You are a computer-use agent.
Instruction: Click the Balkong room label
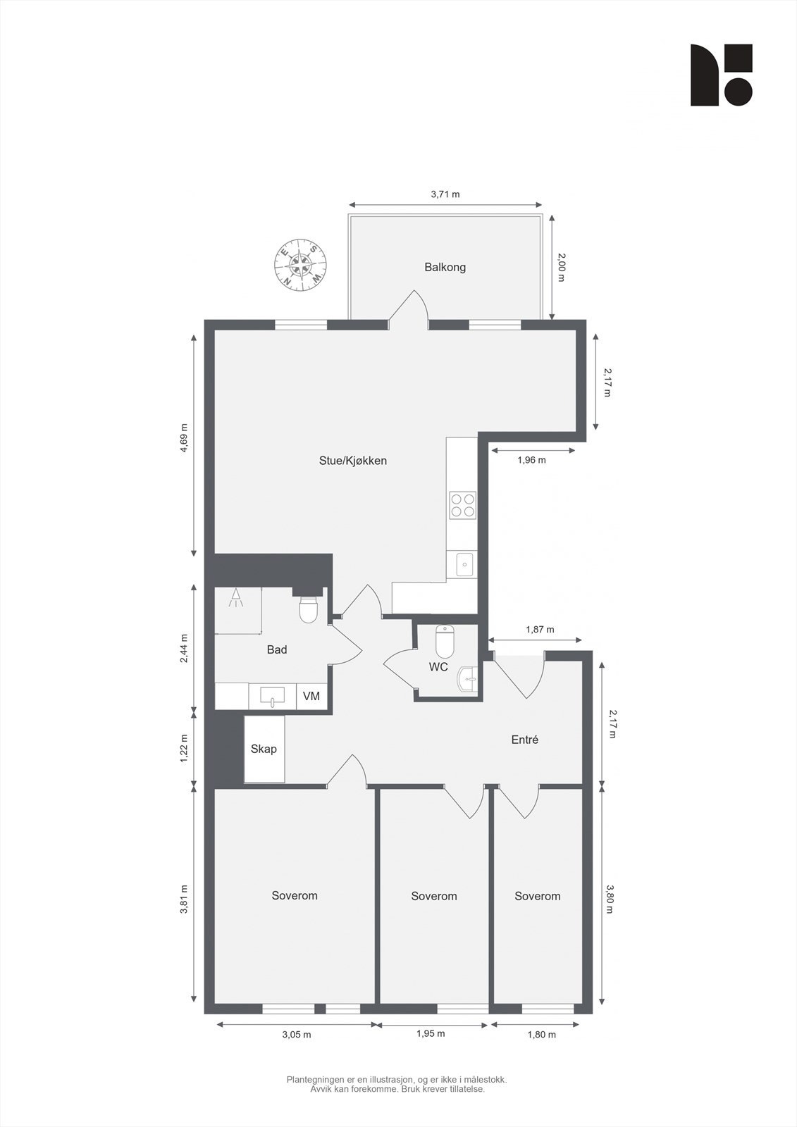pyautogui.click(x=445, y=268)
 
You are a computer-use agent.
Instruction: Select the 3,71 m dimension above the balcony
pyautogui.click(x=445, y=194)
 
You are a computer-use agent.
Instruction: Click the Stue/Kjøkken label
pyautogui.click(x=353, y=461)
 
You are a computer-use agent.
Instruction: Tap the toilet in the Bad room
pyautogui.click(x=309, y=610)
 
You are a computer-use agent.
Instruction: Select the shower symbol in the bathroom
pyautogui.click(x=236, y=599)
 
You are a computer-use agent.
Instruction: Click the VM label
pyautogui.click(x=311, y=697)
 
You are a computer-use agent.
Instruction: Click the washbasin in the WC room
pyautogui.click(x=468, y=679)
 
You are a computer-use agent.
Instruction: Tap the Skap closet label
pyautogui.click(x=264, y=749)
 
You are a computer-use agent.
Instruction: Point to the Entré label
pyautogui.click(x=525, y=740)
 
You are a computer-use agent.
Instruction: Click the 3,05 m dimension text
pyautogui.click(x=297, y=1035)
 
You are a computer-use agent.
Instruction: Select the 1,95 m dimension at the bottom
pyautogui.click(x=431, y=1034)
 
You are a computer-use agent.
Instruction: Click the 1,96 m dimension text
pyautogui.click(x=531, y=460)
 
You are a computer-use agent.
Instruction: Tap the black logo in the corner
pyautogui.click(x=721, y=75)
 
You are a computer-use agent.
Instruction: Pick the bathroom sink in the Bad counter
pyautogui.click(x=272, y=696)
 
